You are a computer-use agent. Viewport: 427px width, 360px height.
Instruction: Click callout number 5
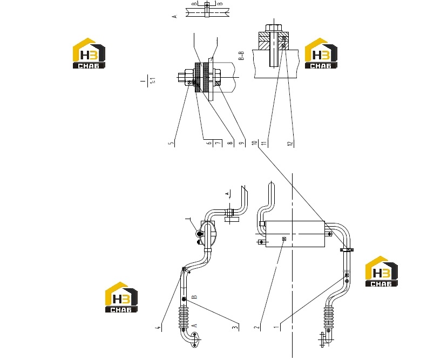coord(171,143)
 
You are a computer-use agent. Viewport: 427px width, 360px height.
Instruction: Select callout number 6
coord(209,142)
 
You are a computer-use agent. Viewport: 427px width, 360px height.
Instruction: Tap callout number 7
coord(219,142)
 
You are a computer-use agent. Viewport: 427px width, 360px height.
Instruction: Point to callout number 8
coord(231,142)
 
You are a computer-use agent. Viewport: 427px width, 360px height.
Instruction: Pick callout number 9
coord(242,143)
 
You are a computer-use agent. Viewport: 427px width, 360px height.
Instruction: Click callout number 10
coord(255,142)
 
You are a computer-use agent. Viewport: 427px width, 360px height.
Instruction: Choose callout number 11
coord(264,143)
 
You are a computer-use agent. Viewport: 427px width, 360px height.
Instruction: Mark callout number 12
coord(290,143)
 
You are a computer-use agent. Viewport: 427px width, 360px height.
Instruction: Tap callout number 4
coord(158,328)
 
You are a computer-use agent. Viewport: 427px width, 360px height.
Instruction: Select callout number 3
coord(235,327)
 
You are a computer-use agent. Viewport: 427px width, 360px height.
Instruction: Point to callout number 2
coord(257,327)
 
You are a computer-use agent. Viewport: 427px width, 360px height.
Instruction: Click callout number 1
coord(277,327)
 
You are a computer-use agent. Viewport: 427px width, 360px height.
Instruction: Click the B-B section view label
coord(241,56)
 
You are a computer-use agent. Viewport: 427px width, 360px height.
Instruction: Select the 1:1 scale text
coord(153,80)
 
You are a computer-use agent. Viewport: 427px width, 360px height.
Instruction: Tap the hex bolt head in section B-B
coord(273,28)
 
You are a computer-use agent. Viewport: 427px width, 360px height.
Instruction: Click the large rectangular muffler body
coord(295,234)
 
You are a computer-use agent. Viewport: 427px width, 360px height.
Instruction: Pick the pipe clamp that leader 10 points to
coord(347,250)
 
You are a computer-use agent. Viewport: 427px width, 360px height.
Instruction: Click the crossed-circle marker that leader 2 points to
coord(284,239)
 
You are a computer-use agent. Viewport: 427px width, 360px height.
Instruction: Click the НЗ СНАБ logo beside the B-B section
coord(321,53)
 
